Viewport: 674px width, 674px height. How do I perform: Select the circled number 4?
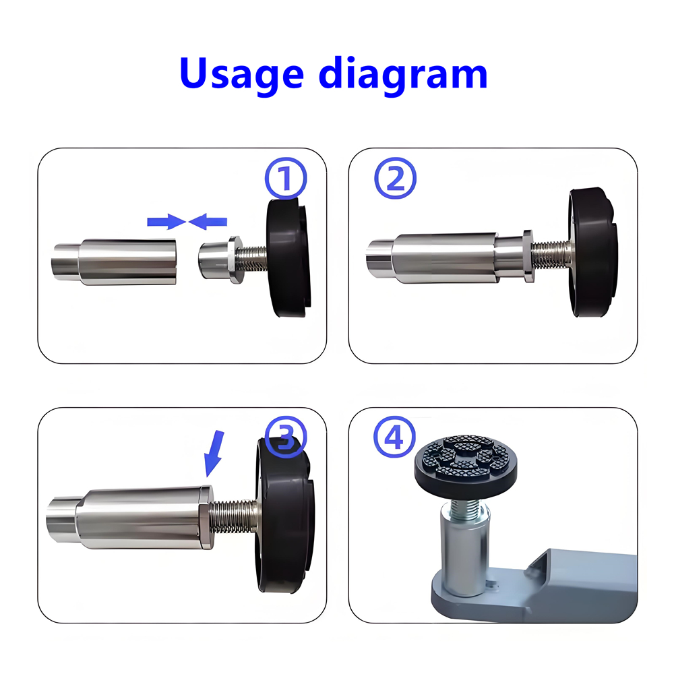395,437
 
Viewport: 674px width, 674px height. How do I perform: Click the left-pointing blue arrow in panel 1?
208,220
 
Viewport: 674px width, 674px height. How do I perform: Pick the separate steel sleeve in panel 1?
115,261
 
